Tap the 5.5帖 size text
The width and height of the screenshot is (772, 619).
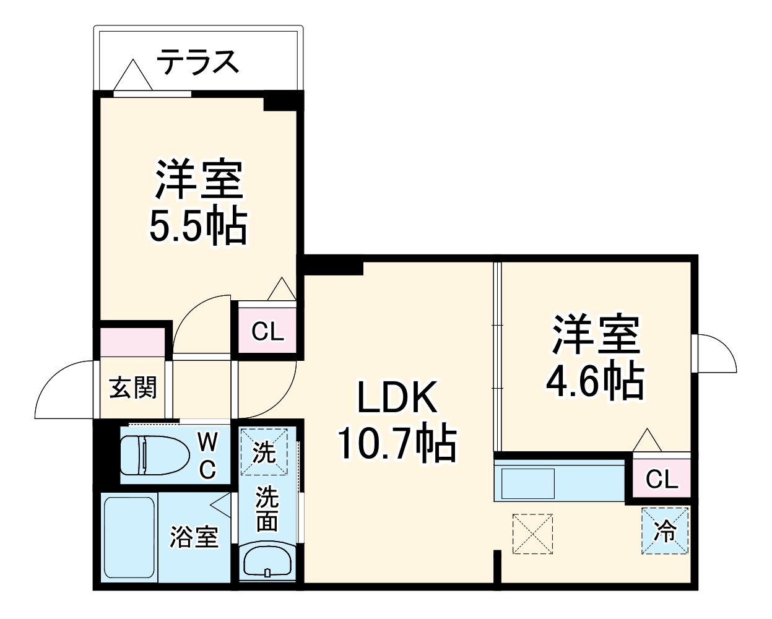point(197,227)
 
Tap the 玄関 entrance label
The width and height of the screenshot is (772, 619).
point(134,388)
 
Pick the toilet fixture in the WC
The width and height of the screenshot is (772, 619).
point(155,455)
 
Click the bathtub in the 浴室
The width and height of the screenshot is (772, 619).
point(128,536)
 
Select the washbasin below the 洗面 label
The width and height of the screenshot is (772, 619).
point(267,561)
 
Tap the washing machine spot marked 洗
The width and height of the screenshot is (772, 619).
point(265,452)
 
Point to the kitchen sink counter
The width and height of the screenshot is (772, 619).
point(560,480)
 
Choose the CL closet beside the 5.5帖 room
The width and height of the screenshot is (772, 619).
point(267,332)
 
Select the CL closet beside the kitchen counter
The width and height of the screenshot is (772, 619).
point(661,478)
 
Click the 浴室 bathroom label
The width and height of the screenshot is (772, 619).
point(194,536)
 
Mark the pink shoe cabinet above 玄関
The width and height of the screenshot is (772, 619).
point(132,342)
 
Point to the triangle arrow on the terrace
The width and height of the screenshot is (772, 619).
point(132,76)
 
